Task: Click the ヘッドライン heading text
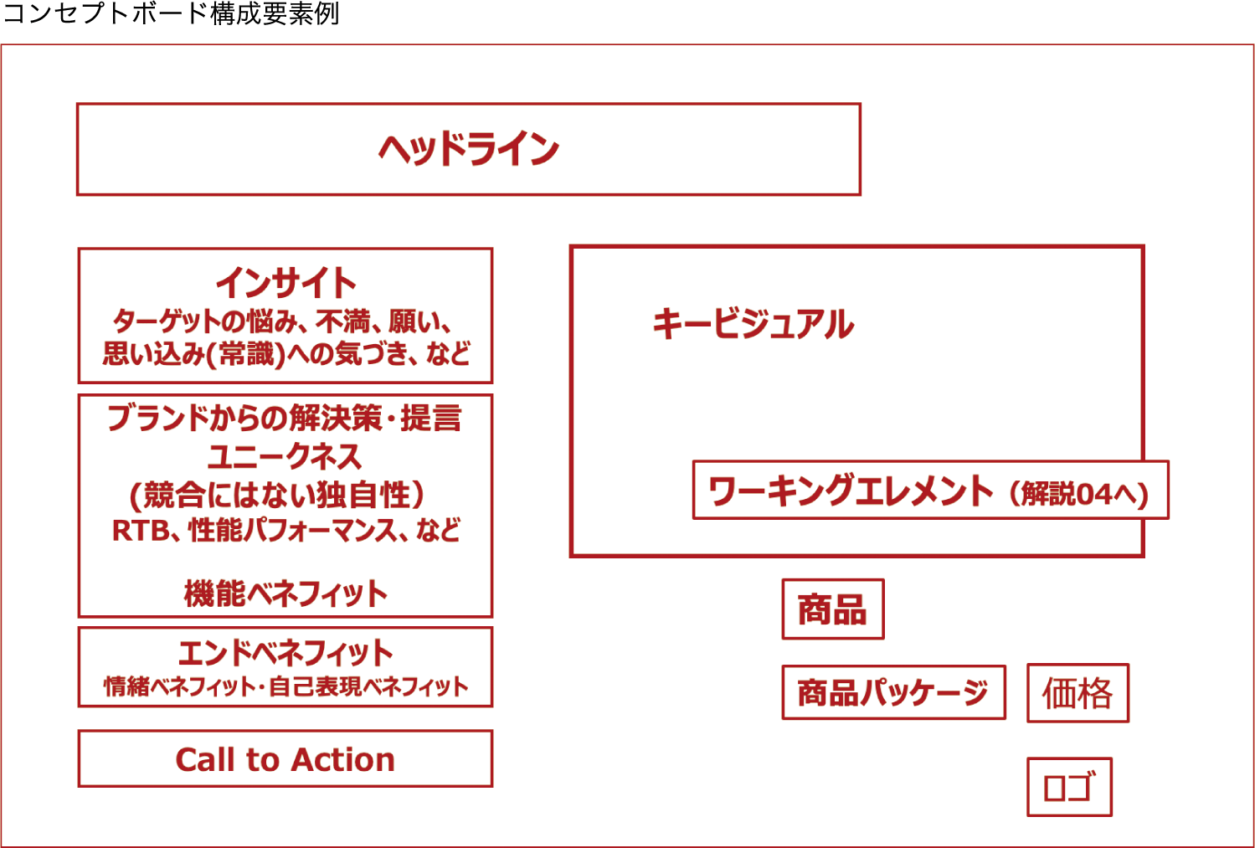pyautogui.click(x=468, y=150)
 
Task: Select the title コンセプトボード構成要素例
pyautogui.click(x=172, y=14)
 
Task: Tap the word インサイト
pyautogui.click(x=285, y=283)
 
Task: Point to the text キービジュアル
pyautogui.click(x=753, y=324)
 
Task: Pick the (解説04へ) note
pyautogui.click(x=1078, y=494)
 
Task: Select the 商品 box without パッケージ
pyautogui.click(x=832, y=609)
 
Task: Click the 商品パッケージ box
pyautogui.click(x=893, y=692)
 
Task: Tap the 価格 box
pyautogui.click(x=1078, y=693)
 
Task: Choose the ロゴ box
pyautogui.click(x=1069, y=787)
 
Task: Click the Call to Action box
pyautogui.click(x=285, y=759)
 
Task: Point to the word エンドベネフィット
pyautogui.click(x=285, y=652)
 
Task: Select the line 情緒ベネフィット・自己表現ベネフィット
pyautogui.click(x=285, y=686)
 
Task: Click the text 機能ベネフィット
pyautogui.click(x=285, y=594)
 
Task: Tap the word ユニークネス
pyautogui.click(x=285, y=456)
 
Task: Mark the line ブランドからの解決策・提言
pyautogui.click(x=285, y=418)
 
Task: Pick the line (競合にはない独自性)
pyautogui.click(x=277, y=495)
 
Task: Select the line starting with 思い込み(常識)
pyautogui.click(x=285, y=353)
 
